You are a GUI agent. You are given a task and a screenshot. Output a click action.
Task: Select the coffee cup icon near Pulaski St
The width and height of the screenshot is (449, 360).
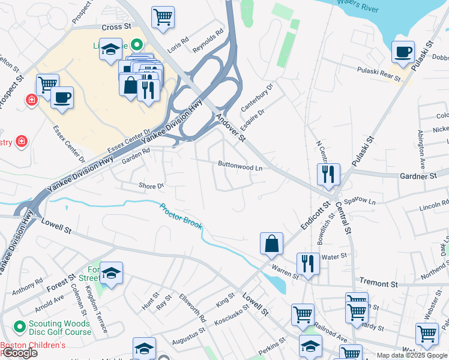[403, 52]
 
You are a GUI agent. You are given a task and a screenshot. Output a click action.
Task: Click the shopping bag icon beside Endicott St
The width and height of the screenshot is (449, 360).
[271, 244]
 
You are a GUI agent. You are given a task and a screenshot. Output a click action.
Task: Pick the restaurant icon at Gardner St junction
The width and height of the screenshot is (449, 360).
[328, 174]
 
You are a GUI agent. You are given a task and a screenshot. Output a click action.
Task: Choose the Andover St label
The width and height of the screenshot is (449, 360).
[231, 128]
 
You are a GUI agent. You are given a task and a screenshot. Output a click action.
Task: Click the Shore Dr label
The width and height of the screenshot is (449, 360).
[151, 186]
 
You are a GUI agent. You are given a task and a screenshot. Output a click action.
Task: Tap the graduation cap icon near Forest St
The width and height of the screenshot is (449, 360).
[111, 273]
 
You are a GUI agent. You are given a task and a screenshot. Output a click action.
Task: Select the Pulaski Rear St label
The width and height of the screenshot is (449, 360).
[378, 74]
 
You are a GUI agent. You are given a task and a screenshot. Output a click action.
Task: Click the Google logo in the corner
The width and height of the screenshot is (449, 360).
[19, 353]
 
